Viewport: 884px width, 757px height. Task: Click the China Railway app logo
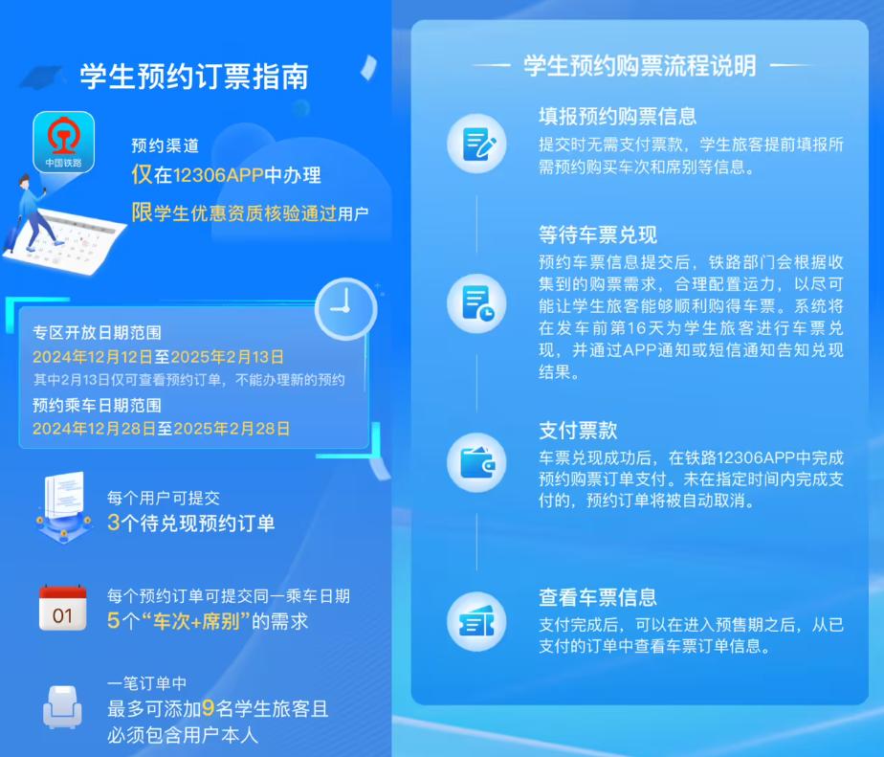64,143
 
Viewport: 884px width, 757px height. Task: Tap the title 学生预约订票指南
194,77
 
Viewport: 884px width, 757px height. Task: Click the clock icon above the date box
345,308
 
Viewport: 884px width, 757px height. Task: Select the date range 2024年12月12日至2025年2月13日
158,357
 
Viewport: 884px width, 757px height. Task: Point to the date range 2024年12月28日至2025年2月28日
162,429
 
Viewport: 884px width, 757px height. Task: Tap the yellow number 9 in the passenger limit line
208,708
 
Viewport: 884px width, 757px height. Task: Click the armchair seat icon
62,707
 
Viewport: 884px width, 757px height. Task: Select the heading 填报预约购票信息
617,116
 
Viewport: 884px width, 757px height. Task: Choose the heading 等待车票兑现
598,234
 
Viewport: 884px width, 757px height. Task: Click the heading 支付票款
578,431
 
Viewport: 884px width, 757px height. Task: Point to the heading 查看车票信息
598,597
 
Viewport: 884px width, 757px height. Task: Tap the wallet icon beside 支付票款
477,462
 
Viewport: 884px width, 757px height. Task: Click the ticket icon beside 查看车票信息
477,622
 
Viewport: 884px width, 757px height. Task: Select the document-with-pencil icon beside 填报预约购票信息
477,144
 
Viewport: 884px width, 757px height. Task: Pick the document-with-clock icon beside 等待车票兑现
477,303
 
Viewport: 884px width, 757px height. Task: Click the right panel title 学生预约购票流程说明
640,66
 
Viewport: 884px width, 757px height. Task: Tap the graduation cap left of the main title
42,78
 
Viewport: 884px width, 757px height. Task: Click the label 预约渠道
166,145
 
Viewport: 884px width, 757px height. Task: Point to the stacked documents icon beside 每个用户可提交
64,506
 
